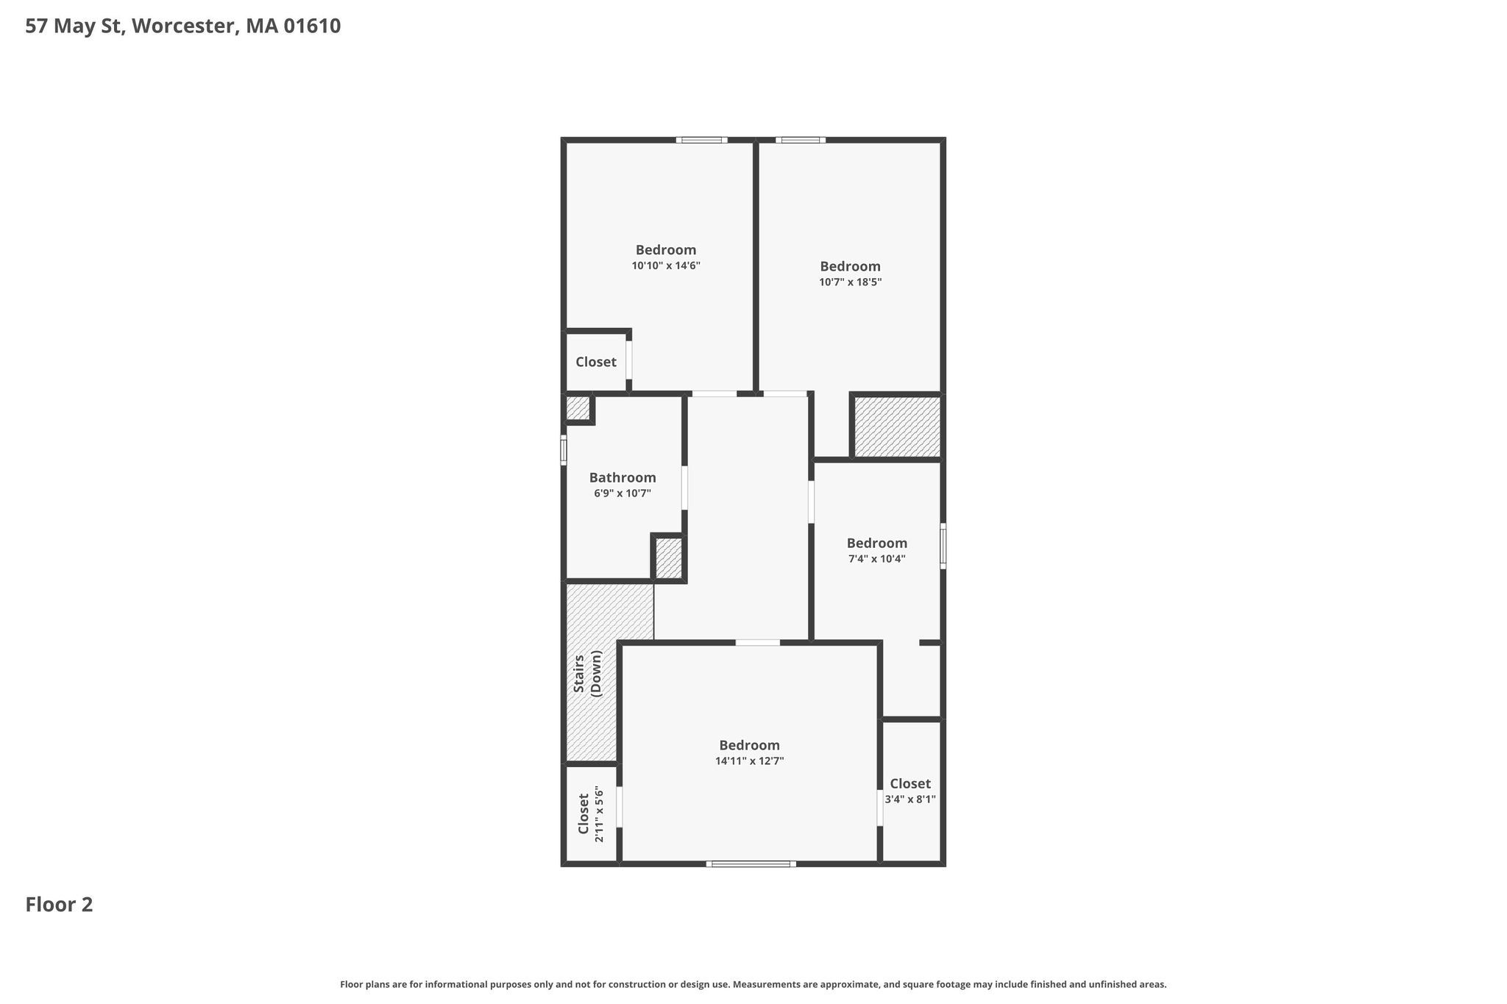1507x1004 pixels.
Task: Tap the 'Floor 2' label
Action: pos(59,904)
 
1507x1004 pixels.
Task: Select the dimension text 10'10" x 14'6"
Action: pos(666,266)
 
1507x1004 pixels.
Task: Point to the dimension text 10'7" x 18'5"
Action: pos(851,282)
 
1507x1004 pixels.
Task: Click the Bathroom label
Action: pos(623,477)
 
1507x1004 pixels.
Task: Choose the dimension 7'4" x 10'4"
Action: pos(877,559)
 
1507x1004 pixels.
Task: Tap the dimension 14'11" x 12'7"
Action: pos(750,761)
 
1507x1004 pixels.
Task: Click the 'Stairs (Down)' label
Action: pos(588,673)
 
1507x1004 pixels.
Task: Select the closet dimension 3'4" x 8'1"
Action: pos(910,800)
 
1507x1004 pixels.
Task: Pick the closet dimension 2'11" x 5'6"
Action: pos(599,815)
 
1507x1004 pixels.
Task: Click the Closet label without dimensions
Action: pos(596,362)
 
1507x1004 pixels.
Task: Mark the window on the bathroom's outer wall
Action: pos(564,450)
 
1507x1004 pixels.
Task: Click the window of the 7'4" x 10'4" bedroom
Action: pos(943,546)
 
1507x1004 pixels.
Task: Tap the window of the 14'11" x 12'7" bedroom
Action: pos(751,864)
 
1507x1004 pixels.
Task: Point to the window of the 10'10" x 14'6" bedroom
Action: pos(702,140)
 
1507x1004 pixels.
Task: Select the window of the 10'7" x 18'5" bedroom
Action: pos(801,140)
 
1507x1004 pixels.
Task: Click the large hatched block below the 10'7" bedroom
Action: pos(897,427)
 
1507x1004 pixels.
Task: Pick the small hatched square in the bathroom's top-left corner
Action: pos(578,408)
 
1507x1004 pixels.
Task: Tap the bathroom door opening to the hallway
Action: pos(684,488)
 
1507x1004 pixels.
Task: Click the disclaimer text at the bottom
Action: pos(753,984)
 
